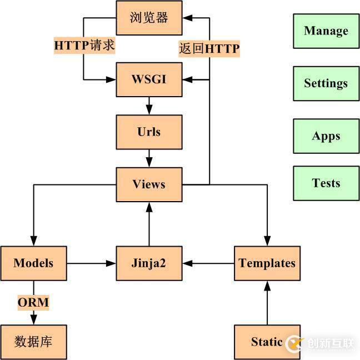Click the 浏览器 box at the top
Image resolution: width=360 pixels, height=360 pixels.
149,18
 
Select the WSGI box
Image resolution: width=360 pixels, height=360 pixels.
149,79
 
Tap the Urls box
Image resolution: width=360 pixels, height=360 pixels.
149,132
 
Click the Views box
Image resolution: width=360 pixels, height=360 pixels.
149,184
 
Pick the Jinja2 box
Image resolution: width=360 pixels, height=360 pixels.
149,263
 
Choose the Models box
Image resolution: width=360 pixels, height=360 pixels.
33,263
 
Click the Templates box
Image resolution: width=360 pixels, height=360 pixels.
267,263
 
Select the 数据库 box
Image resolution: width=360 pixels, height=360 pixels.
33,342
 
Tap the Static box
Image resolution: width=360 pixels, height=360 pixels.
267,342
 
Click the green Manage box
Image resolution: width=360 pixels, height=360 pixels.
326,31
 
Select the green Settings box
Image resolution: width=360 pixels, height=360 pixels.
326,83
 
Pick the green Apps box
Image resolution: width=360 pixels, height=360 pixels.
326,136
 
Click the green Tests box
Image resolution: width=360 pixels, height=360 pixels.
326,183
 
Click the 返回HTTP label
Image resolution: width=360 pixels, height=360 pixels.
209,49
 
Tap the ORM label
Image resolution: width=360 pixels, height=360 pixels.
33,303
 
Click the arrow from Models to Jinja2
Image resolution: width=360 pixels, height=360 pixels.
92,263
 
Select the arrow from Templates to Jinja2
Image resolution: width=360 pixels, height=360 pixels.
208,263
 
